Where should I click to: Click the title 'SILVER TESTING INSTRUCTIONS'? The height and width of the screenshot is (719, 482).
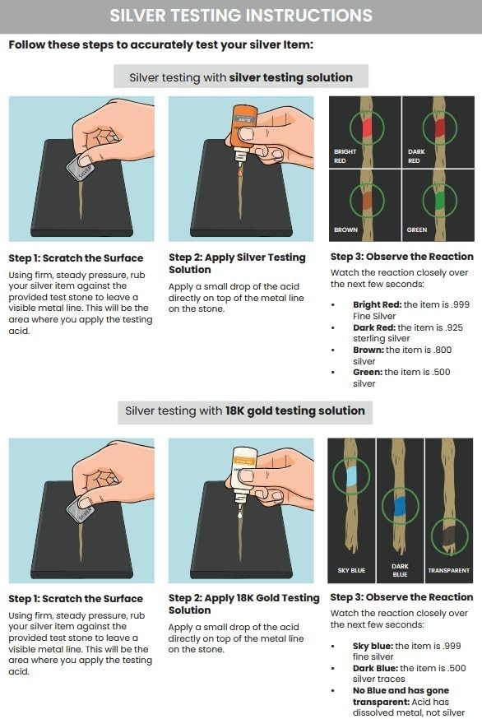pyautogui.click(x=241, y=15)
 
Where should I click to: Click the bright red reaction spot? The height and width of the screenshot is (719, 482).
pyautogui.click(x=364, y=125)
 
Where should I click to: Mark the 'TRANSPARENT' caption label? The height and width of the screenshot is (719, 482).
pyautogui.click(x=448, y=570)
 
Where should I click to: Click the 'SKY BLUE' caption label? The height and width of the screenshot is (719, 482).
pyautogui.click(x=350, y=570)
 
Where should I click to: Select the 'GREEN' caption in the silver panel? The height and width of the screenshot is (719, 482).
pyautogui.click(x=417, y=230)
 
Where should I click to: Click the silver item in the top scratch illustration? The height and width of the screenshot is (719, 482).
pyautogui.click(x=81, y=168)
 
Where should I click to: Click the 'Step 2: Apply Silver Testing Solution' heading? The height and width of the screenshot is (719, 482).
pyautogui.click(x=237, y=263)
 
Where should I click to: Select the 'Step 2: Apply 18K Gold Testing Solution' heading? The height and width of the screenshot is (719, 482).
pyautogui.click(x=243, y=604)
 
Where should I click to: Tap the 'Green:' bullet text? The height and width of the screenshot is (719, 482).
pyautogui.click(x=368, y=372)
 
